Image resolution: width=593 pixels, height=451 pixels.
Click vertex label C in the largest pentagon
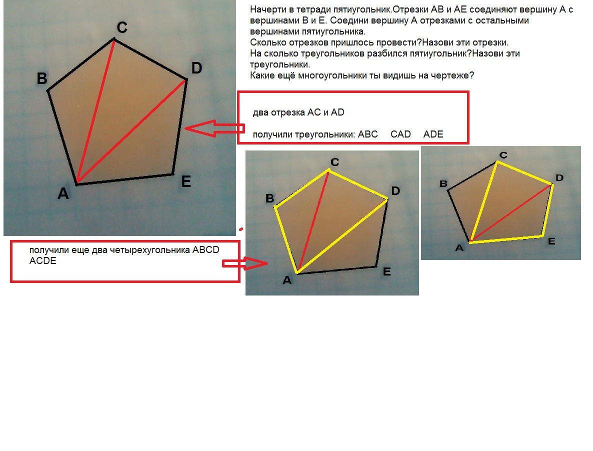point(122,27)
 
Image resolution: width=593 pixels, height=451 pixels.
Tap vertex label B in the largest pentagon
point(42,78)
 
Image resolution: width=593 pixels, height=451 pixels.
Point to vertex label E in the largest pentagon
point(186,182)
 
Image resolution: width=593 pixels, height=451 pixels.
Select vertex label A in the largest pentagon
point(63,193)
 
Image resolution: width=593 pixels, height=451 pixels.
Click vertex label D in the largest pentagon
point(196,68)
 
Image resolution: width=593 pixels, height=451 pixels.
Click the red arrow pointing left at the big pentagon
point(215,128)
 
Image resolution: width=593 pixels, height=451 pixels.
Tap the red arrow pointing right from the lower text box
point(244,263)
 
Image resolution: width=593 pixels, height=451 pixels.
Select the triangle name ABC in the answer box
point(368,134)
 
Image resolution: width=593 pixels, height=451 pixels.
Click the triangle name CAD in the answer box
point(400,134)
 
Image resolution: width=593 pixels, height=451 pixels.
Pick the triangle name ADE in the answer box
point(433,134)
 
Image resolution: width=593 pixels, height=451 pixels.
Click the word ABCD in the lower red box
point(205,250)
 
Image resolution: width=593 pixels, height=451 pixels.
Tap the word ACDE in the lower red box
point(42,261)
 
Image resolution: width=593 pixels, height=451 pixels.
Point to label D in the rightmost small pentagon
point(559,177)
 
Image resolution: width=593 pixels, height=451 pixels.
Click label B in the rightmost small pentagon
point(443,183)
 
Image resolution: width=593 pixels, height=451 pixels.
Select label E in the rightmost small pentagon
point(552,241)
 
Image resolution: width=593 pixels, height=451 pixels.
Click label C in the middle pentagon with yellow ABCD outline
point(334,162)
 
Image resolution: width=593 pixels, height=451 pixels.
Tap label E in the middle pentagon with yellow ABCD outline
point(387,271)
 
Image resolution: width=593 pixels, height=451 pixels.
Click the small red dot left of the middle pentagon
point(241,229)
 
